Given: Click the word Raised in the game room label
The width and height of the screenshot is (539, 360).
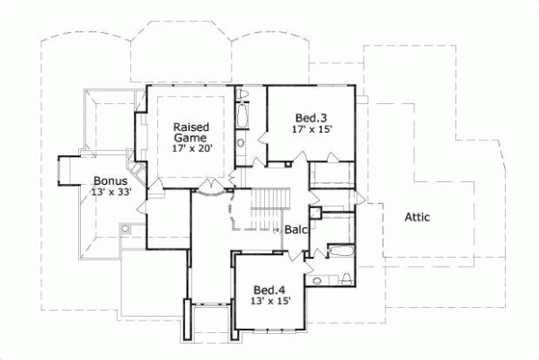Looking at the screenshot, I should [x=191, y=127].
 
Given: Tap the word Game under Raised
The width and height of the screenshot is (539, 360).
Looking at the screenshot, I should [x=191, y=139].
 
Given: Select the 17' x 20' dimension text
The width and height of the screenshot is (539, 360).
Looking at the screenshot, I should [x=191, y=151].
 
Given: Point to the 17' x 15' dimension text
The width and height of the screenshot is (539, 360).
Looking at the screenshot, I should [x=313, y=129].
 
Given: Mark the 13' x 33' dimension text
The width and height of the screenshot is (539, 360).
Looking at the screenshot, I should [x=111, y=192].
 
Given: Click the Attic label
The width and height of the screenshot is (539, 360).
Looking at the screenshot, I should [x=420, y=216].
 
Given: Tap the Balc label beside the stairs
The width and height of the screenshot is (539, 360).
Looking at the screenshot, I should [x=297, y=230].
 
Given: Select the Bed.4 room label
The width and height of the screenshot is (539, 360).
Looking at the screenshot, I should [x=269, y=290].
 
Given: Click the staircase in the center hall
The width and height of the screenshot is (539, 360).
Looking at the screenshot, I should [x=267, y=212].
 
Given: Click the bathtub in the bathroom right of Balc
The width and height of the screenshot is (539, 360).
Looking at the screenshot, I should [x=340, y=250].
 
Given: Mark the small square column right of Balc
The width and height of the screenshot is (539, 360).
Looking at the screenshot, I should [x=315, y=213].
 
